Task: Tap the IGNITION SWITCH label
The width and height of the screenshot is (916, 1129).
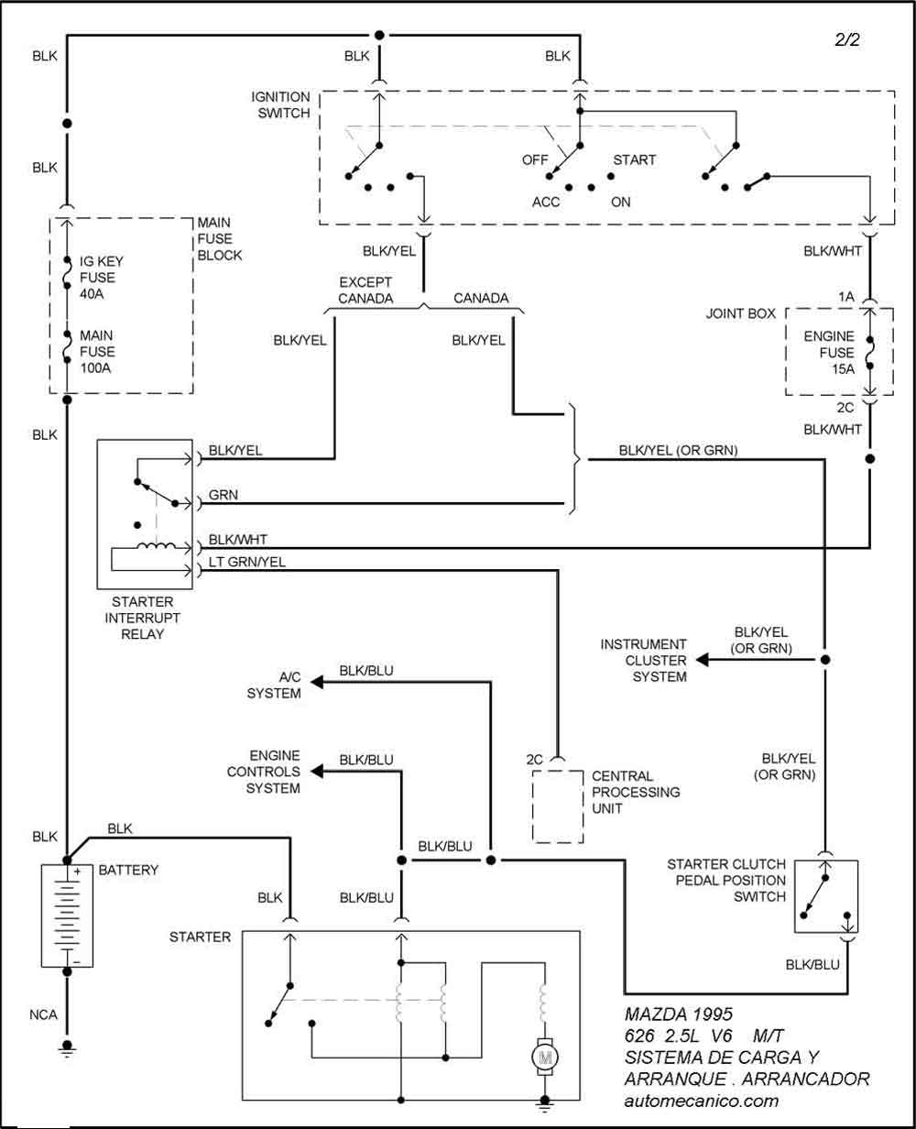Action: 281,104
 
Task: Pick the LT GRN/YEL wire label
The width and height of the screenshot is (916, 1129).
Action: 247,563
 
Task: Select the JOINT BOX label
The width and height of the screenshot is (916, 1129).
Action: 741,313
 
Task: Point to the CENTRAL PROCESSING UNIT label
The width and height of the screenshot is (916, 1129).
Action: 636,792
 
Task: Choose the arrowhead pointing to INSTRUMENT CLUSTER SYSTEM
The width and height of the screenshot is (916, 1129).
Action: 701,659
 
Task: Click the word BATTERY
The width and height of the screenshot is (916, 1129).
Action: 128,870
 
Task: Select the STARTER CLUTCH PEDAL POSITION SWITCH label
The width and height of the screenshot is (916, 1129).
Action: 726,880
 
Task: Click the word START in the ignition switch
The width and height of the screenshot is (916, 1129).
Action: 634,159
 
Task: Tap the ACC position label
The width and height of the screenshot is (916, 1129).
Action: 546,202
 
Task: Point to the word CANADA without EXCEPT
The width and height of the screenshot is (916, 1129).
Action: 481,298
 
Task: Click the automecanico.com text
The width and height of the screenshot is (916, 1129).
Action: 701,1100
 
